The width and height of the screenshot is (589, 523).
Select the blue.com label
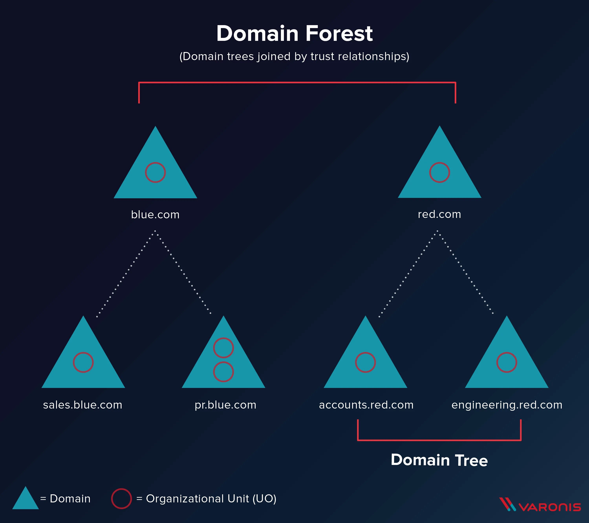coord(155,215)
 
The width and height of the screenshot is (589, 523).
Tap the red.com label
coord(439,214)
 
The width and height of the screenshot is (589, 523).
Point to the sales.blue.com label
coord(83,405)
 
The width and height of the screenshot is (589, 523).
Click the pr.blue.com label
coord(225,405)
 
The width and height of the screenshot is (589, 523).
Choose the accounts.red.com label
coord(366,405)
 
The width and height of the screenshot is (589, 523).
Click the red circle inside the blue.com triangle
coord(155,172)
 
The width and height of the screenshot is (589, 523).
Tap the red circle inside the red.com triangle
coord(439,172)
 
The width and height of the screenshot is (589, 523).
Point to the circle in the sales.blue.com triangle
coord(83,362)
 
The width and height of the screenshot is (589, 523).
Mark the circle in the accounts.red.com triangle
coord(365,362)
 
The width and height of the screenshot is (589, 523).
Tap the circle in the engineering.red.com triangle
coord(507,362)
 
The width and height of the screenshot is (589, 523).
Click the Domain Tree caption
coord(439,460)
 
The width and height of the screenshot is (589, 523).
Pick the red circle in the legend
coord(121,498)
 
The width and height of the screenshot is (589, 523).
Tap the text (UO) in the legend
coord(264,499)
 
